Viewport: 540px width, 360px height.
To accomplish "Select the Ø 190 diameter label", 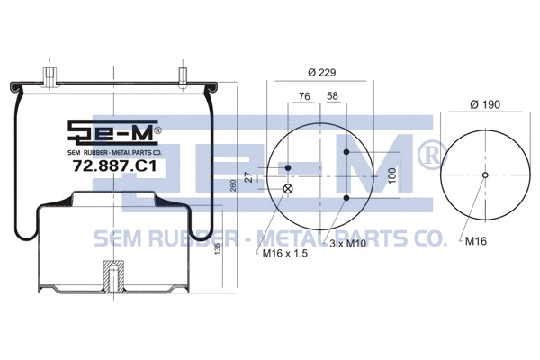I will (x=485, y=105).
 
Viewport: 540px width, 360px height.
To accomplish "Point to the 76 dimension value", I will (x=304, y=95).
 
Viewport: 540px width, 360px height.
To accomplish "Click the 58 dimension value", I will (x=333, y=95).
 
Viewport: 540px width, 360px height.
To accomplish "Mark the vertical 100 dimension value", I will (x=392, y=175).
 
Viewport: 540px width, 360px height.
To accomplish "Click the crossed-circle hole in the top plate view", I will (x=288, y=188).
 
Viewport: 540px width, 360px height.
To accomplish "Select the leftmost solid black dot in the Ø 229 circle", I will (x=288, y=168).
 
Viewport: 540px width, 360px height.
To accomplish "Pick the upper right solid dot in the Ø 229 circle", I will (x=346, y=152).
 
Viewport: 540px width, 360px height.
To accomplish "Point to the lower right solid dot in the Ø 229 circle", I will (x=346, y=197).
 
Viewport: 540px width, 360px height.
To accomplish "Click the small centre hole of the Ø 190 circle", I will (x=485, y=175).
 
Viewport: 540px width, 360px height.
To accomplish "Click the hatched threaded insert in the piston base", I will (x=113, y=275).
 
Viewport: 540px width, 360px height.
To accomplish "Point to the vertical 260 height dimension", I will (x=233, y=184).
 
